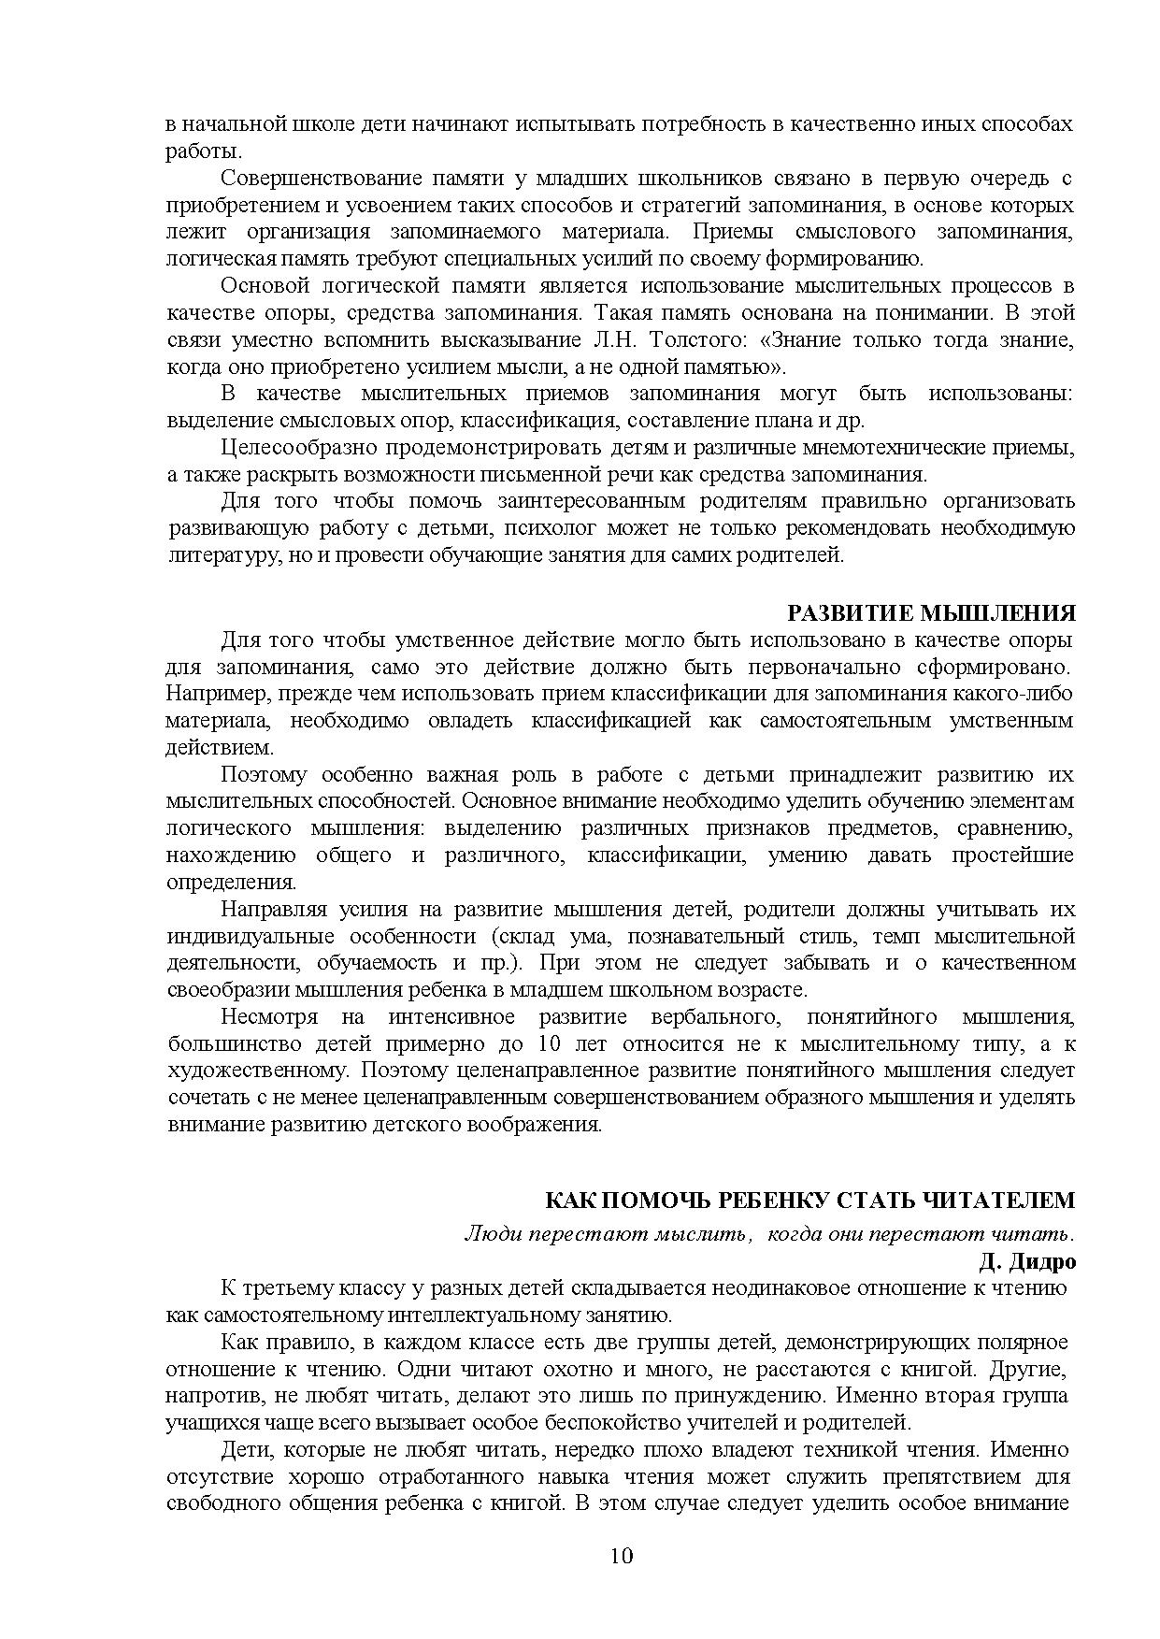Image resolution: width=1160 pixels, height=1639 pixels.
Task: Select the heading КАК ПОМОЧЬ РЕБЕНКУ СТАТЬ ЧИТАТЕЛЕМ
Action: coord(809,1200)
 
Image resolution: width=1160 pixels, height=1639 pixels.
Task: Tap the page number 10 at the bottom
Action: coord(621,1556)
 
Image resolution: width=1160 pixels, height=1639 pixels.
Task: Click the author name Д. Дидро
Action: coord(1027,1261)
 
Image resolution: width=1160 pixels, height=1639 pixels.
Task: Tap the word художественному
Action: coord(259,1071)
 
